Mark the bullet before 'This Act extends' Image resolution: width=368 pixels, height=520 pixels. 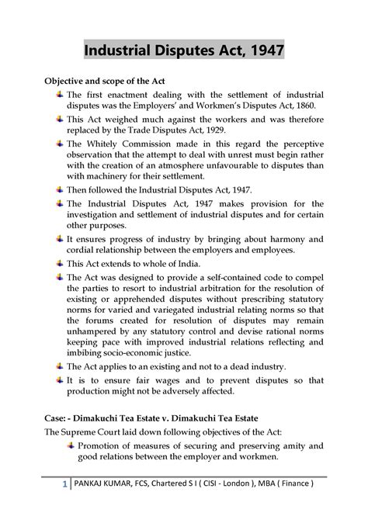pos(61,262)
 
